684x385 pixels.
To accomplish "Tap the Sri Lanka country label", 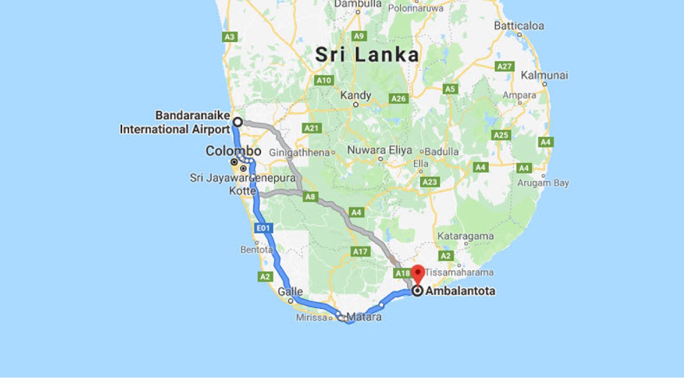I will pyautogui.click(x=367, y=55).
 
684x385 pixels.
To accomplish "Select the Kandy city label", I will pyautogui.click(x=356, y=96).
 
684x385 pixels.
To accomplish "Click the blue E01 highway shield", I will pyautogui.click(x=263, y=228).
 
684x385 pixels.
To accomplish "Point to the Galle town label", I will pyautogui.click(x=290, y=292).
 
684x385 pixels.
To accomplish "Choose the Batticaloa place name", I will pyautogui.click(x=519, y=26).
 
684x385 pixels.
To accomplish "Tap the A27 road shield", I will pyautogui.click(x=504, y=66).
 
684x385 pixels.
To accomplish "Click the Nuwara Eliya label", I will pyautogui.click(x=379, y=150).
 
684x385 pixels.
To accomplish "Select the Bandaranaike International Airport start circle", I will pyautogui.click(x=237, y=122).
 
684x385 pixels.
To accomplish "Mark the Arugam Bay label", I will pyautogui.click(x=543, y=183).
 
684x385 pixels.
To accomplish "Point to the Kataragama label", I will pyautogui.click(x=465, y=236).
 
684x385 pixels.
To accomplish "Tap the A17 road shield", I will pyautogui.click(x=360, y=251).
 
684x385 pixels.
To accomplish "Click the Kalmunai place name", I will pyautogui.click(x=544, y=75).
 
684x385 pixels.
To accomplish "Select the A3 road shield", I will pyautogui.click(x=230, y=37).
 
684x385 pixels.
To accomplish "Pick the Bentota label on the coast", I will pyautogui.click(x=256, y=249).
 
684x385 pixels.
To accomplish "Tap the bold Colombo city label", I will pyautogui.click(x=234, y=151).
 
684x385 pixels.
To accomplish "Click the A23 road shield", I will pyautogui.click(x=430, y=182).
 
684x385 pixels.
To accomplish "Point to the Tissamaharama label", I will pyautogui.click(x=459, y=272).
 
